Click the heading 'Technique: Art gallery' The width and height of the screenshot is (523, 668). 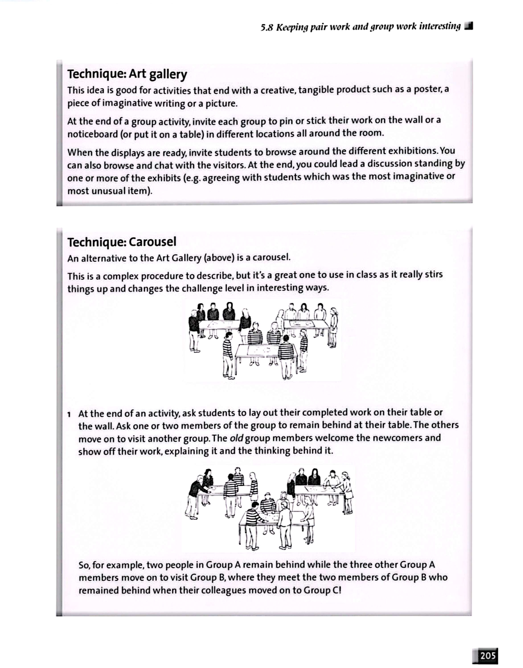(127, 74)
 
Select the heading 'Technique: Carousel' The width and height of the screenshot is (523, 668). (122, 242)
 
